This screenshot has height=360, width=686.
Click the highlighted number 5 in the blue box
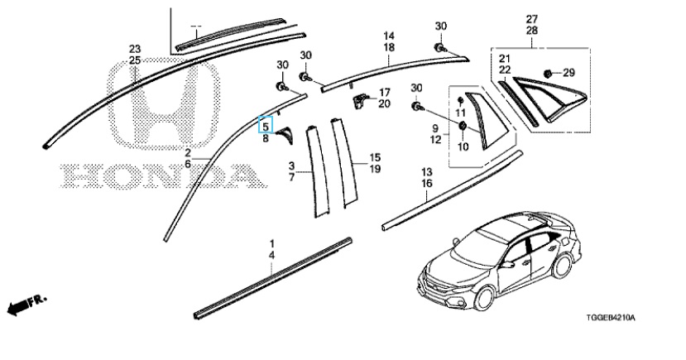tap(266, 126)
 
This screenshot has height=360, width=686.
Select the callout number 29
tap(568, 74)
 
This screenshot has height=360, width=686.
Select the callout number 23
tap(135, 50)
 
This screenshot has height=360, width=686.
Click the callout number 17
tap(384, 92)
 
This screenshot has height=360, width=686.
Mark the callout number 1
tap(272, 244)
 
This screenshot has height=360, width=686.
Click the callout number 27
tap(531, 19)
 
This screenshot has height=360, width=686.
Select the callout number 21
tap(503, 59)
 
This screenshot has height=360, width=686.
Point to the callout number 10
tap(460, 146)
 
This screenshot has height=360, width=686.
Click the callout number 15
tap(374, 157)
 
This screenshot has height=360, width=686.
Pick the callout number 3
tap(291, 166)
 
